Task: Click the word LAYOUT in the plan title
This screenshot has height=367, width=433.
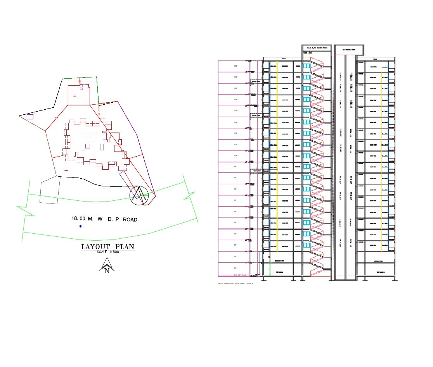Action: click(x=94, y=247)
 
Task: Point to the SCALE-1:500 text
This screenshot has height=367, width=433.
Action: click(x=108, y=252)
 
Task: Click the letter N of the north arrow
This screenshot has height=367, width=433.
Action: click(x=107, y=271)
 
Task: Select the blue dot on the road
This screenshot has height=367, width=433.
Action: click(x=81, y=226)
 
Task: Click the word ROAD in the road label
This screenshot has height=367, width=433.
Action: click(x=130, y=220)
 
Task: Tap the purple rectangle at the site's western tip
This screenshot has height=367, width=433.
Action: click(x=30, y=116)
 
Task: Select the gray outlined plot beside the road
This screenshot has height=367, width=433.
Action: click(x=49, y=190)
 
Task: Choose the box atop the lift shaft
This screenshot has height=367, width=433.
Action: click(x=348, y=50)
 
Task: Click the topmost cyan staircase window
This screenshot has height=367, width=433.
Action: click(x=307, y=65)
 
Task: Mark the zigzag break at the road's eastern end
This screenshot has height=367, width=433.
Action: click(x=189, y=196)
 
